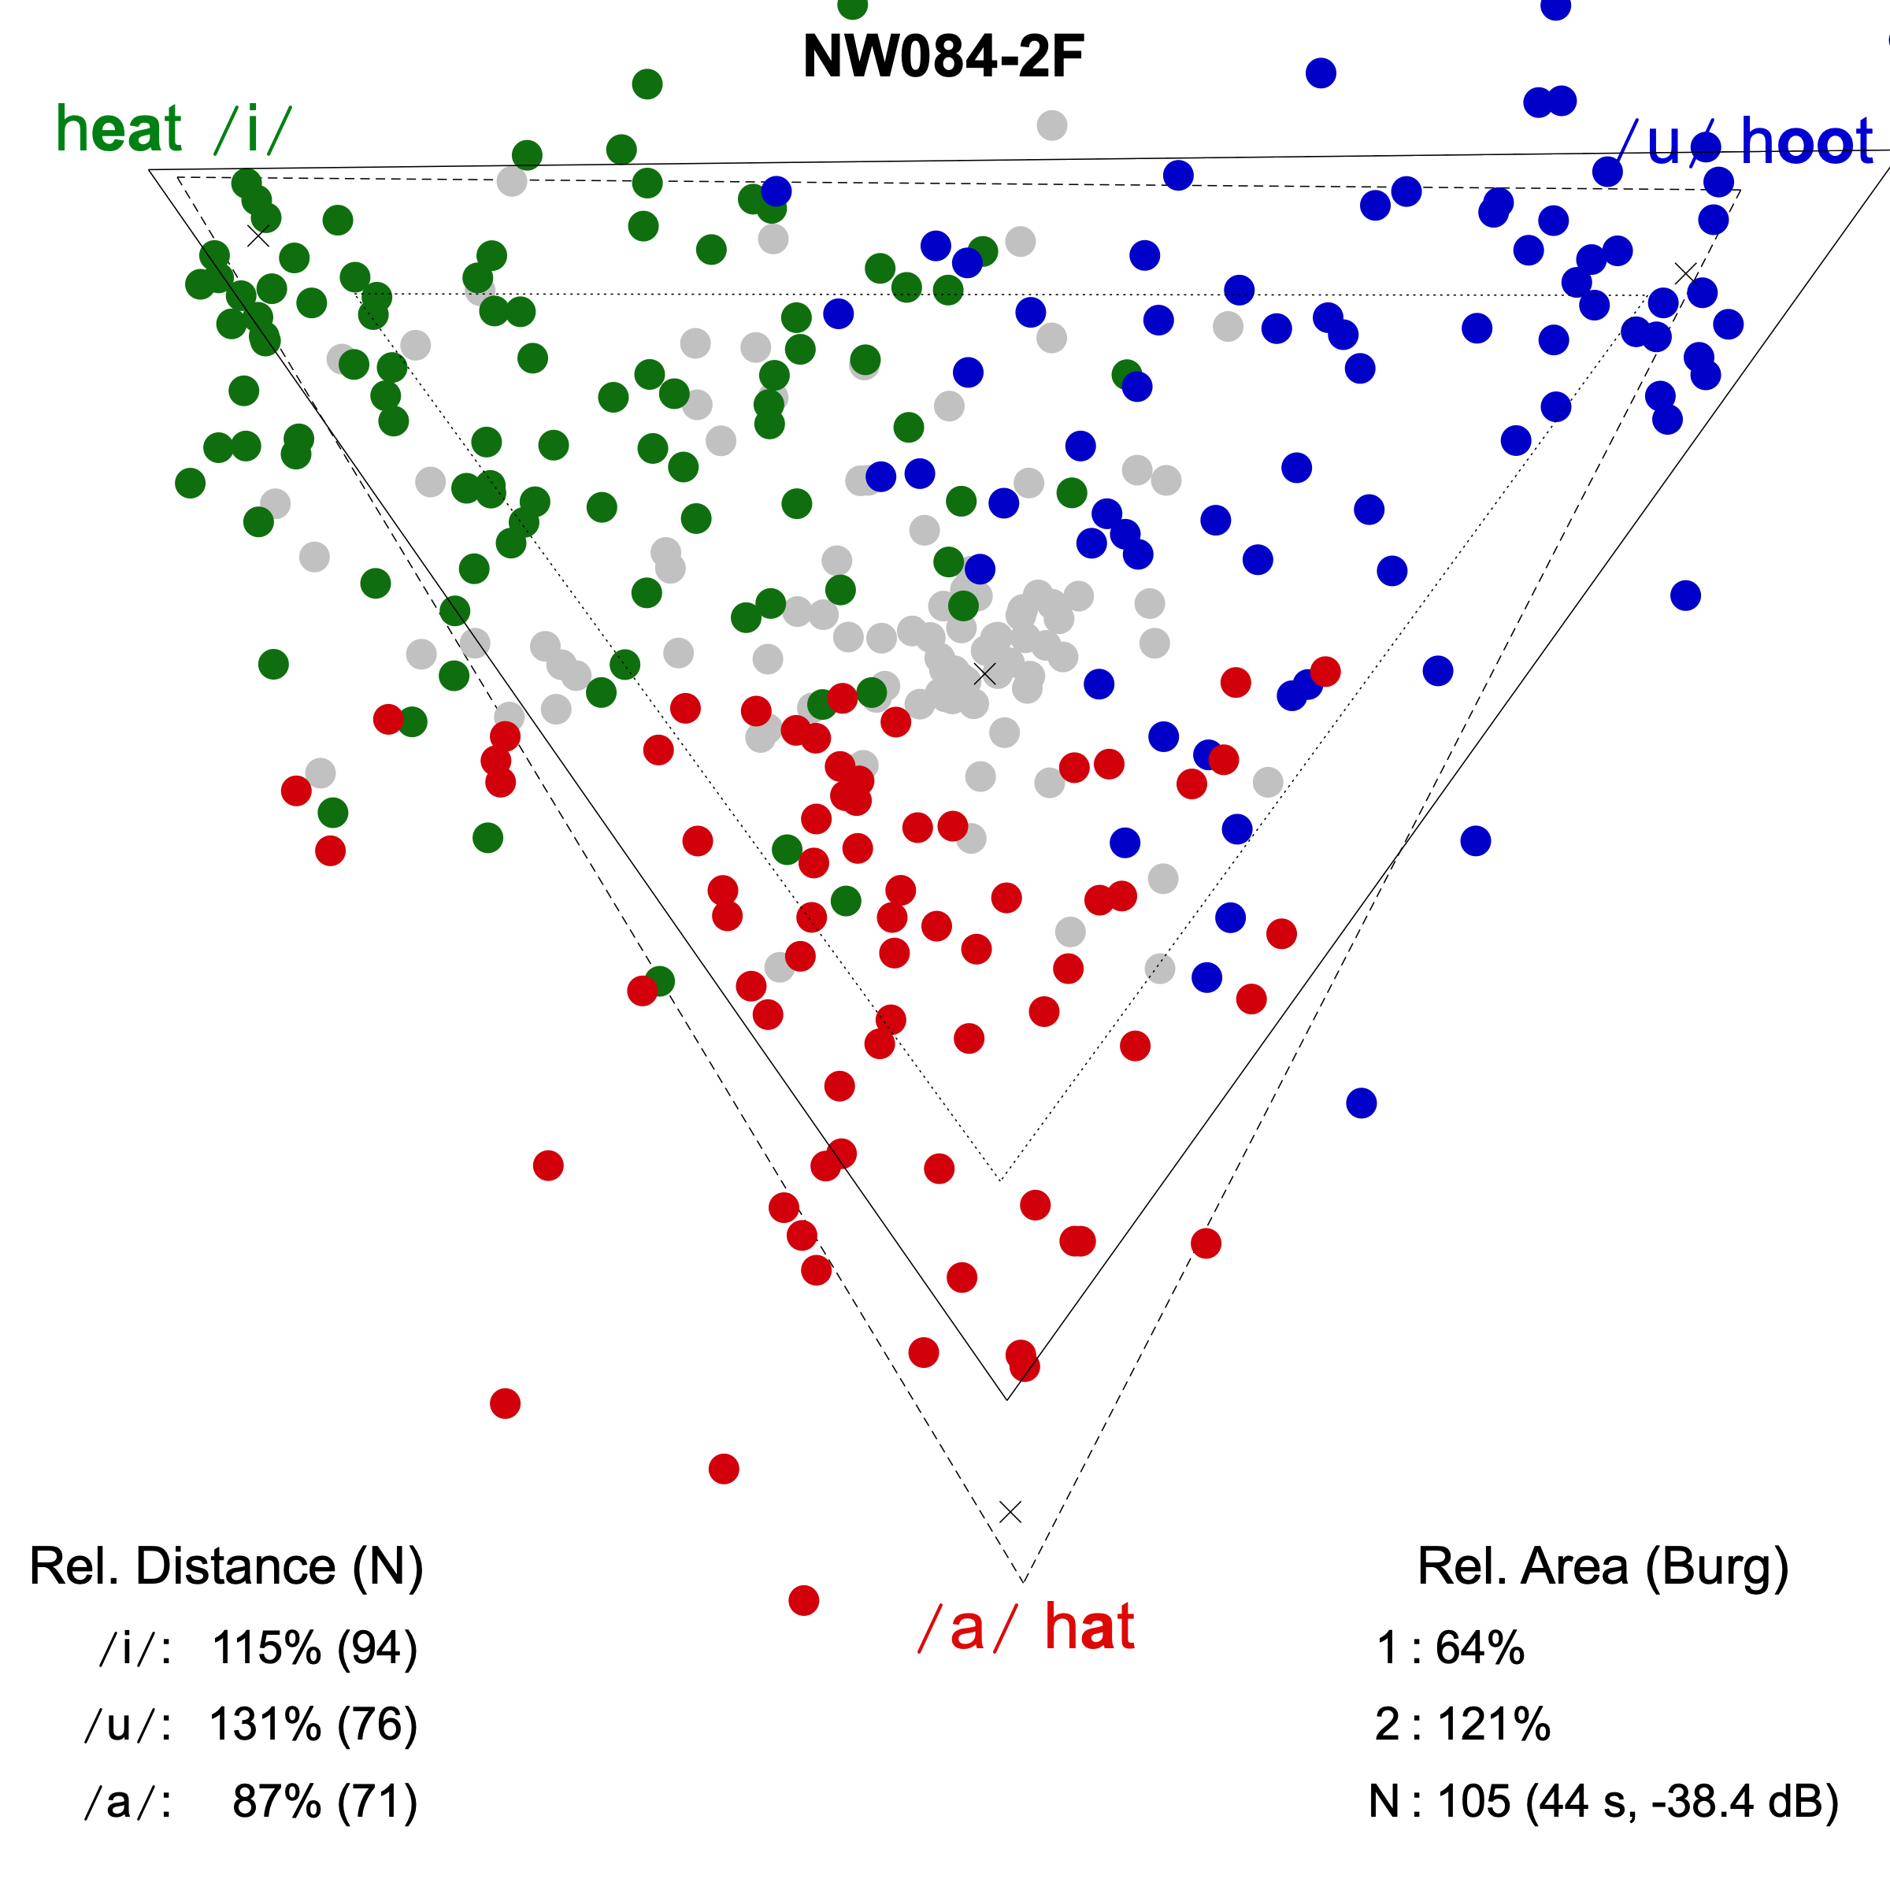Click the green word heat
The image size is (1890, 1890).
point(118,129)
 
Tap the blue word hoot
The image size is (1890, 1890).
point(1806,142)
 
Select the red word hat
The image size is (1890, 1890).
point(1089,1628)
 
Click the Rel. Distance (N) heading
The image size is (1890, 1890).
point(226,1566)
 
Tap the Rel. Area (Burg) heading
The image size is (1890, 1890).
point(1603,1566)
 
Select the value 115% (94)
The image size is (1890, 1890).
point(314,1648)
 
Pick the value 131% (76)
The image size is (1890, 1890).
point(313,1725)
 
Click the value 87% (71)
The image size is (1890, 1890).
point(324,1801)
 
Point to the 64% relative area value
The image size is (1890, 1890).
point(1479,1648)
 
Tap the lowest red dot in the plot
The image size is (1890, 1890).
point(803,1600)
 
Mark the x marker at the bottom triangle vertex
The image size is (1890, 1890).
point(1010,1512)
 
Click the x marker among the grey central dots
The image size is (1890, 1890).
point(985,674)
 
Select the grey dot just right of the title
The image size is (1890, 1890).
point(1051,125)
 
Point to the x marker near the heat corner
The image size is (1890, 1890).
point(258,235)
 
